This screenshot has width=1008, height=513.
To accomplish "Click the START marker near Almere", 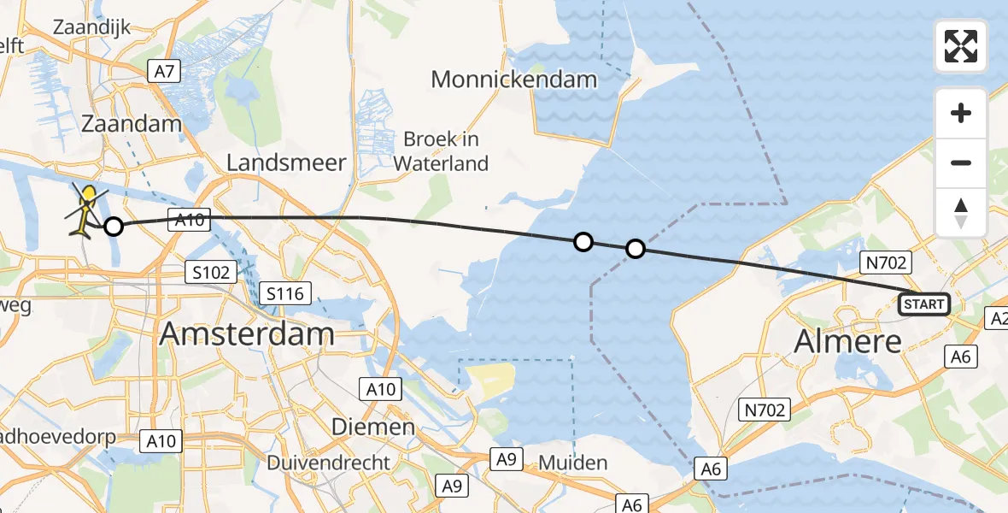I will (923, 304).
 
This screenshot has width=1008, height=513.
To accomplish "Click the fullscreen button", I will (961, 46).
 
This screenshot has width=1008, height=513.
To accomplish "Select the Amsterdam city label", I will (246, 333).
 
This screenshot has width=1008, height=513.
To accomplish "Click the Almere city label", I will (847, 341).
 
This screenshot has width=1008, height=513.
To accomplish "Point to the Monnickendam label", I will (513, 80).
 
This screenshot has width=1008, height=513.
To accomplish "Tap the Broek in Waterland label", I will (445, 151).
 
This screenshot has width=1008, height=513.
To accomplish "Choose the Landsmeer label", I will (286, 162).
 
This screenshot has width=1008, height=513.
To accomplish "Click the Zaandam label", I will (132, 124).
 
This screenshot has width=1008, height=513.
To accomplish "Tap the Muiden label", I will (573, 463).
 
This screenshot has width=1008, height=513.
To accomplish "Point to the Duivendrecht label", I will (329, 463).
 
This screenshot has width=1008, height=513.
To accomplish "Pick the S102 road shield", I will (210, 273).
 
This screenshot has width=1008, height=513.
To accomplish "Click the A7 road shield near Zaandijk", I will (165, 72).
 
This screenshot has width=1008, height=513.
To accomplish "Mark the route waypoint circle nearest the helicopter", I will (113, 227).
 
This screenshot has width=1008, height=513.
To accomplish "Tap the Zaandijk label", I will (91, 27).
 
